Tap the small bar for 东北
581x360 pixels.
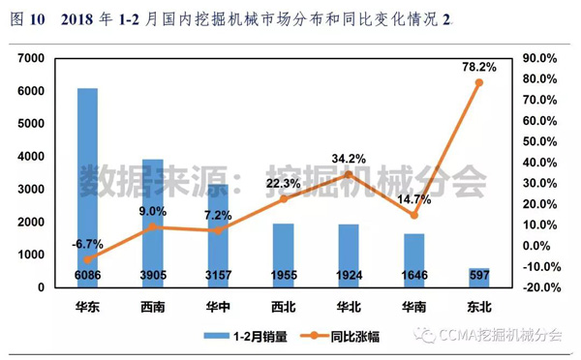tap(478, 278)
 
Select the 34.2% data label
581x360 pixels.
tap(348, 158)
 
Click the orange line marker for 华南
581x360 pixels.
tap(413, 215)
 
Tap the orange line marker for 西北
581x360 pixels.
tap(283, 198)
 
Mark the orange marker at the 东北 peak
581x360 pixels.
tap(478, 82)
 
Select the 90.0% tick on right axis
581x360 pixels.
tap(540, 58)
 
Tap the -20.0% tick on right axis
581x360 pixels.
tap(540, 287)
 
